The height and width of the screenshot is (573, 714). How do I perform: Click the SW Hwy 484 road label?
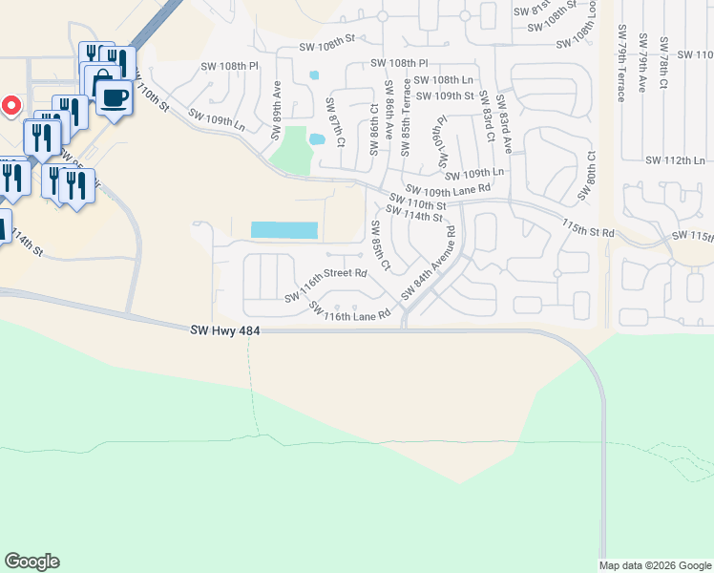pyautogui.click(x=225, y=330)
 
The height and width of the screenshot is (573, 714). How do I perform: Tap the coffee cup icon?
pyautogui.click(x=115, y=97)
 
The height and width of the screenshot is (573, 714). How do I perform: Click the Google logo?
pyautogui.click(x=31, y=562)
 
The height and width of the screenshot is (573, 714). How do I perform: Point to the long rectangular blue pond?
pyautogui.click(x=283, y=230)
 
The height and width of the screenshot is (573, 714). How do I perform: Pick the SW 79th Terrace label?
pyautogui.click(x=621, y=63)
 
